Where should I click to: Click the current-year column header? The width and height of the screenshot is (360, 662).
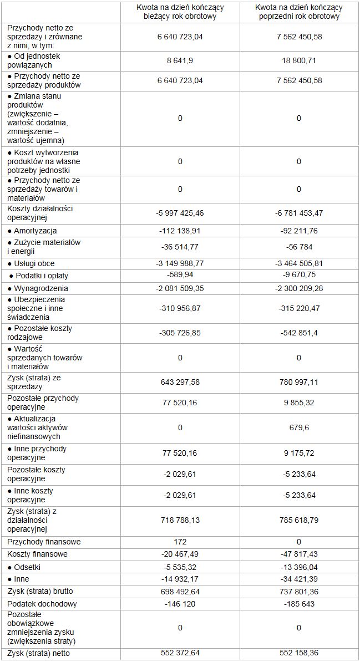point(180,12)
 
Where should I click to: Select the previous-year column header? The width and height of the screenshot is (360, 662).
point(298,12)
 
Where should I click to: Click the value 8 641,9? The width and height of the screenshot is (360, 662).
point(180,60)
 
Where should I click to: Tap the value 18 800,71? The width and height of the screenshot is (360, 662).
point(298,60)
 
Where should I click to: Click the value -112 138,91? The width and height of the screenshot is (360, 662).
point(180,231)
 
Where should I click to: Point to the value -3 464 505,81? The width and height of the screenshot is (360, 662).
point(298,263)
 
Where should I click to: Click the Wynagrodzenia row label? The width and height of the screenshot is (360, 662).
point(38,288)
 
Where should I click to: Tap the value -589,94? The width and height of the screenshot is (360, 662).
point(180,276)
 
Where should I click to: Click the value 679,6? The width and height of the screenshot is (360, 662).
point(298,427)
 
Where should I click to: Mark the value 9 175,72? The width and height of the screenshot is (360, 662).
point(298,453)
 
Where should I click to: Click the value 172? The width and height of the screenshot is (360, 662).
point(180,541)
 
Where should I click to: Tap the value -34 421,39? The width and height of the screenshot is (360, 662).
point(298,579)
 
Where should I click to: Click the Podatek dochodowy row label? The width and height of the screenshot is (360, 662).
point(42,604)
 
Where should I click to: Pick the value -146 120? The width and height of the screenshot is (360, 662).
point(180,604)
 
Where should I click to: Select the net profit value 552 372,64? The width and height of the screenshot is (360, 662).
point(180,654)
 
